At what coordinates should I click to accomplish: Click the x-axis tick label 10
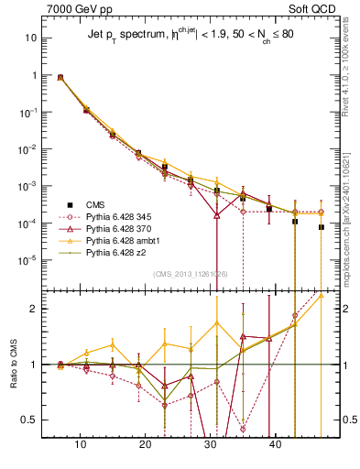click(x=81, y=446)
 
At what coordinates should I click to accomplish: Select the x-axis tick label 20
click(x=146, y=446)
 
